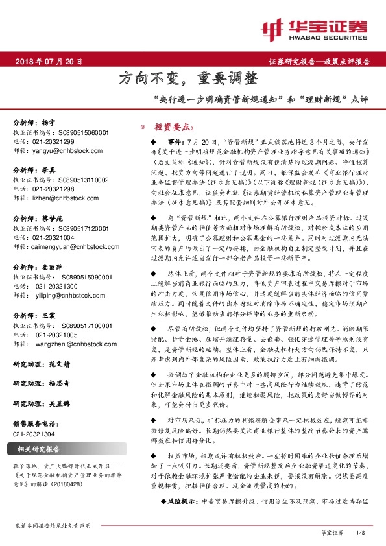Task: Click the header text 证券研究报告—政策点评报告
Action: (319, 62)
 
